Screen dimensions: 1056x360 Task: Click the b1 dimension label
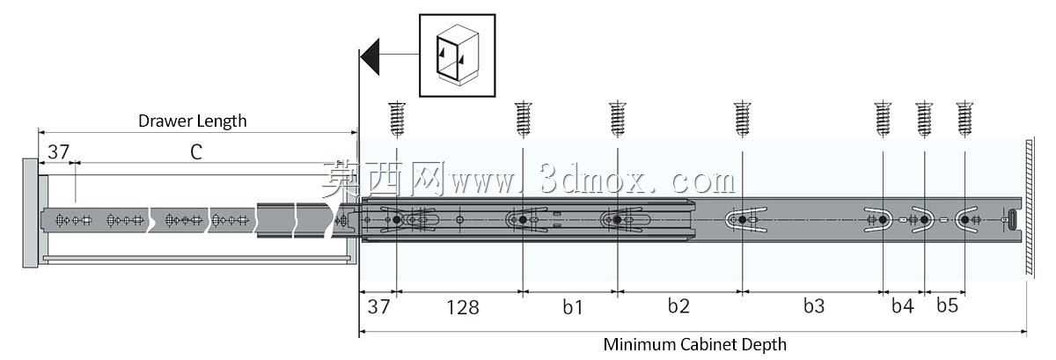[x=573, y=307]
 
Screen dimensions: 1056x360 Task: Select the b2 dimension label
[x=678, y=305]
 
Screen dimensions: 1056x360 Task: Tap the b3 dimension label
[x=814, y=305]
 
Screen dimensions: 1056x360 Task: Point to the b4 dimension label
[x=902, y=305]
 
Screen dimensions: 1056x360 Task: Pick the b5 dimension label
[x=947, y=305]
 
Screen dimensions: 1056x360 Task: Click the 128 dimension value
[x=463, y=307]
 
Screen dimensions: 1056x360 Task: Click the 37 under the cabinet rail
[x=378, y=306]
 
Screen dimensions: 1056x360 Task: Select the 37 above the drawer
[x=58, y=152]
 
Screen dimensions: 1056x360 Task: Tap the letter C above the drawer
[x=196, y=152]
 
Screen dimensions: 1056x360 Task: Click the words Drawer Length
[x=193, y=121]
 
